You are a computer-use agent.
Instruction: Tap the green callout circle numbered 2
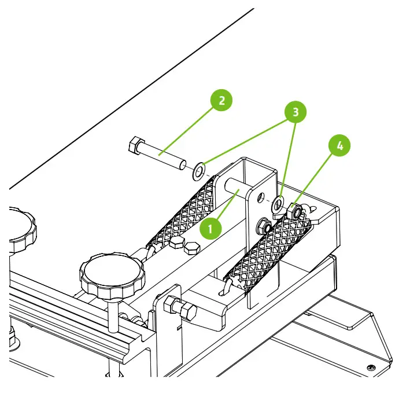(x=221, y=101)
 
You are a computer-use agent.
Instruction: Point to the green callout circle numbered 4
(x=339, y=146)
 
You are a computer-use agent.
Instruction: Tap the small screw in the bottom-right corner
(x=370, y=367)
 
